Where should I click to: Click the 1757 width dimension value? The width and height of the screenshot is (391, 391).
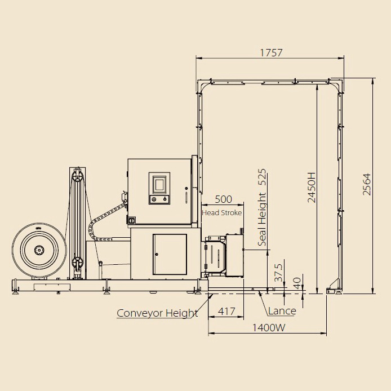(x=272, y=52)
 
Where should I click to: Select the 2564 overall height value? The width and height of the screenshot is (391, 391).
(x=367, y=184)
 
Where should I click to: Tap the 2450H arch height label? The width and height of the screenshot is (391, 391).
(x=312, y=187)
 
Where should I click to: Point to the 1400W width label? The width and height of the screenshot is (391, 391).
(x=269, y=327)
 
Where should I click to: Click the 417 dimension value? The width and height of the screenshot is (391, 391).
(x=226, y=311)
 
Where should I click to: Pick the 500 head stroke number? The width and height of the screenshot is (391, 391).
(x=223, y=199)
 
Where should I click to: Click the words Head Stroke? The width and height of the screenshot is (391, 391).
(x=221, y=213)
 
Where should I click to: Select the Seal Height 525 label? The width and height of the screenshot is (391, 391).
(x=262, y=207)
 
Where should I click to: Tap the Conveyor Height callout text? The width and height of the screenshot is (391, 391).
(x=157, y=313)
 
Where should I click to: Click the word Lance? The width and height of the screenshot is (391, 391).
(x=282, y=311)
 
